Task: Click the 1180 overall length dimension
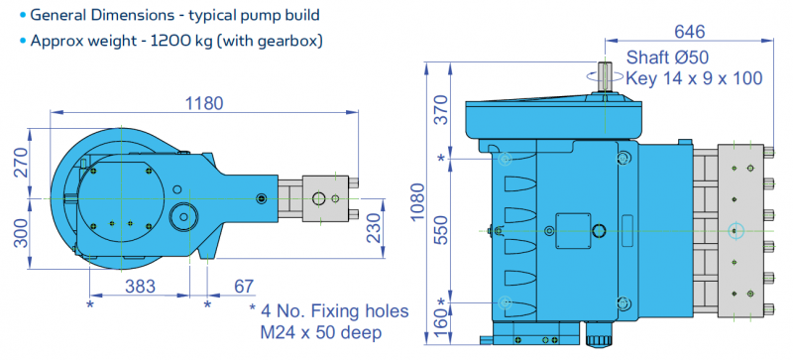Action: tap(202, 103)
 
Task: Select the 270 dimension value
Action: tap(20, 161)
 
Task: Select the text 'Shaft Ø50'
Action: tap(666, 54)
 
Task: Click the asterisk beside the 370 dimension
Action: tap(441, 158)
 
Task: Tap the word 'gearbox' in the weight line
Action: tap(293, 41)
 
